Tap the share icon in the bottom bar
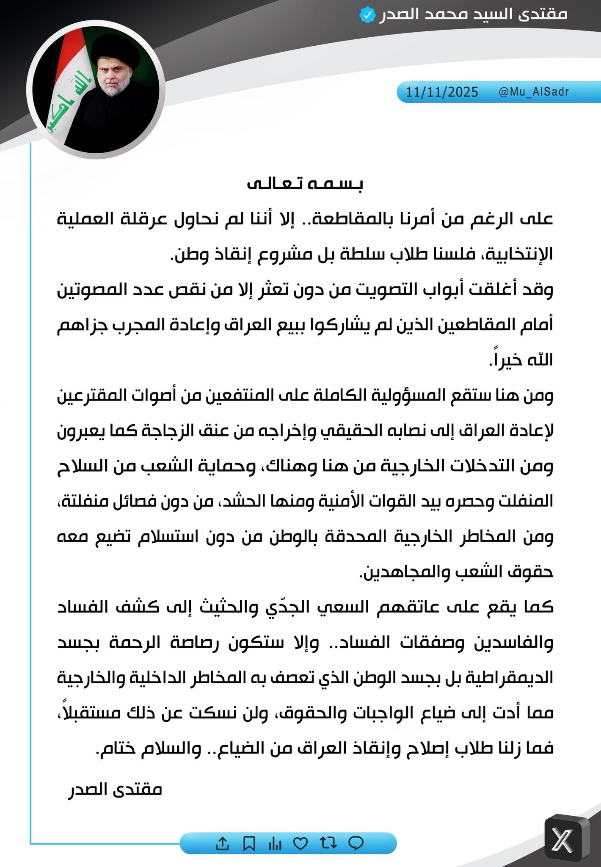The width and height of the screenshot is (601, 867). (222, 843)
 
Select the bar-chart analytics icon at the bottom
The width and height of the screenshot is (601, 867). (275, 843)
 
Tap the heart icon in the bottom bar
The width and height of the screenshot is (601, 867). (301, 843)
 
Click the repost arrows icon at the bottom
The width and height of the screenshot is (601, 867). (328, 843)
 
